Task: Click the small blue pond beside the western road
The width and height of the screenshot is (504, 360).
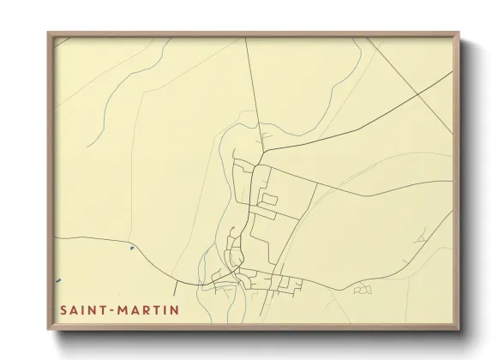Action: pyautogui.click(x=131, y=248)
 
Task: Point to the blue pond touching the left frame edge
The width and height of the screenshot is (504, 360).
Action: pyautogui.click(x=58, y=280)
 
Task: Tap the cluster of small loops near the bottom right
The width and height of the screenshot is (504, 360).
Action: pyautogui.click(x=363, y=290)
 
